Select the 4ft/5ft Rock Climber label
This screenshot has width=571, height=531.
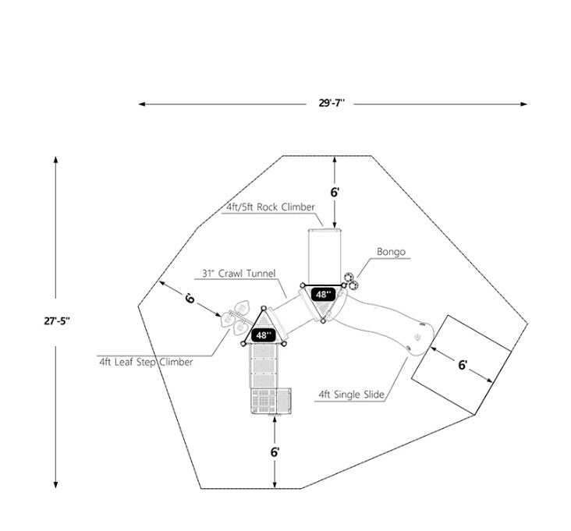coord(270,207)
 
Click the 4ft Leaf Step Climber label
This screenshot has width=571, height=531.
coord(146,362)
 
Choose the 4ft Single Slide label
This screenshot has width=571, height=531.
coord(351,395)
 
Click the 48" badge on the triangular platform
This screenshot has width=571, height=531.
coord(264,335)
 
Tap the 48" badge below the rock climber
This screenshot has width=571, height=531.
coord(323,294)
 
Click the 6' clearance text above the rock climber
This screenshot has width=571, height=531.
coord(335,192)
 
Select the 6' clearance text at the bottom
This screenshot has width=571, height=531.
coord(275,451)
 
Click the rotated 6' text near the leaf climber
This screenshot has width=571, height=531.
coord(191,298)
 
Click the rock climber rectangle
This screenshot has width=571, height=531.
coord(323,256)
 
